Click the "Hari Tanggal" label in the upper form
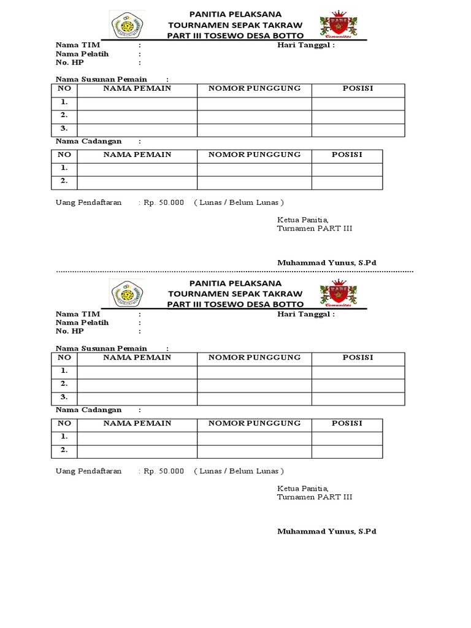(x=306, y=45)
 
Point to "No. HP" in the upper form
(x=69, y=63)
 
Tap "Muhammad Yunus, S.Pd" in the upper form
(x=326, y=262)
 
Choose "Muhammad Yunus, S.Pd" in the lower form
(x=326, y=531)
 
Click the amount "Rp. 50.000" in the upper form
(x=164, y=202)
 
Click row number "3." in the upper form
(x=64, y=129)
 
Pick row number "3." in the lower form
(x=64, y=397)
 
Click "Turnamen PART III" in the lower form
(x=315, y=497)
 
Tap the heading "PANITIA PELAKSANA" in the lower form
(x=235, y=283)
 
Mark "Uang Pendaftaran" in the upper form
(x=89, y=202)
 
